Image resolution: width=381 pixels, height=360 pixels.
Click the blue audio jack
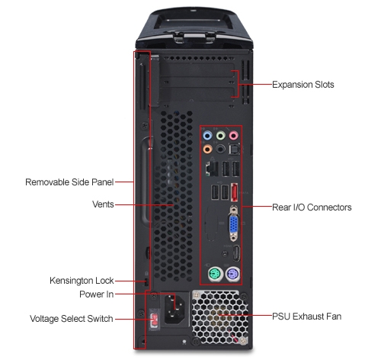coord(207,136)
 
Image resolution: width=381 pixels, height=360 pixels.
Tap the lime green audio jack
coord(221,136)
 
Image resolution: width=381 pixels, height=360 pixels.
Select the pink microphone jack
coord(234,136)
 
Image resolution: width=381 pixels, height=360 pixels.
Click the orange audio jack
coord(207,149)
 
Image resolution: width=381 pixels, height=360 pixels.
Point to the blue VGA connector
coord(234,223)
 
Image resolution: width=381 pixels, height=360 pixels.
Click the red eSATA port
coord(234,193)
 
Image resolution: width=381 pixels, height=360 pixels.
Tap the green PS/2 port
coord(214,275)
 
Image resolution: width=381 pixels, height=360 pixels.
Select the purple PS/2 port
coord(232,275)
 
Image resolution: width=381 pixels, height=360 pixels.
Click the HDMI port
coord(236,253)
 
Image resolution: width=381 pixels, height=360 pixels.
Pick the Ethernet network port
coord(212,169)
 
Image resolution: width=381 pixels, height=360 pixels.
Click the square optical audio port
coord(234,149)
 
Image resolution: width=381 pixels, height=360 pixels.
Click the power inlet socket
coord(174,308)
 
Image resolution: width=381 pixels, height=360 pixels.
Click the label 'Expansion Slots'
coord(303,85)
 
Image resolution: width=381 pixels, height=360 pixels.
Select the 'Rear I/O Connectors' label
coord(312,207)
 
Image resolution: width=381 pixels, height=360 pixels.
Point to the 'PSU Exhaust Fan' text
coord(307,317)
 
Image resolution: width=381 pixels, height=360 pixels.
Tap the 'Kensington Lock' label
coord(82,281)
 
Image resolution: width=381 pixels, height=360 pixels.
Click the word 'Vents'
coord(103,204)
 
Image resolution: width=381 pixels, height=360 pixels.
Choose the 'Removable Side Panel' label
coord(69,182)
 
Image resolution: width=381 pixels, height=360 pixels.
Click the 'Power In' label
coord(97,294)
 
